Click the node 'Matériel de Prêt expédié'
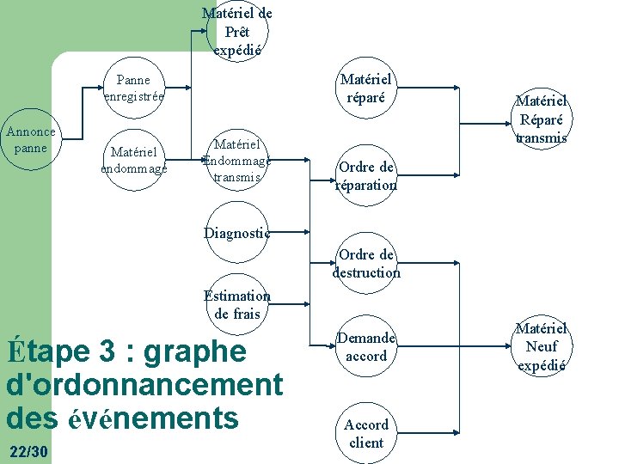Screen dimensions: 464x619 (x=237, y=32)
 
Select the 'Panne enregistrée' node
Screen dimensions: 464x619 (x=133, y=89)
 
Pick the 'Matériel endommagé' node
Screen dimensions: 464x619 (x=133, y=160)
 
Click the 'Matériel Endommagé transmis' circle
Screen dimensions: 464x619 (x=237, y=160)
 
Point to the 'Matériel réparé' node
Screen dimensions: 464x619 (x=366, y=89)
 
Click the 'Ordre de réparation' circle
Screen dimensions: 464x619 (x=366, y=176)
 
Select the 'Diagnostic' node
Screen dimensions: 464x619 (x=237, y=232)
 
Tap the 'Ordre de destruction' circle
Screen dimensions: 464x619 (x=366, y=263)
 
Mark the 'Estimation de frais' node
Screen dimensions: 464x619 (x=237, y=305)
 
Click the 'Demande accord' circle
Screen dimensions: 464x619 (x=366, y=347)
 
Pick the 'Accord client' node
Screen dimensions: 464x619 (x=366, y=434)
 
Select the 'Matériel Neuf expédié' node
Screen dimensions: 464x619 (x=542, y=347)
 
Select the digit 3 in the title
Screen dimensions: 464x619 (x=107, y=352)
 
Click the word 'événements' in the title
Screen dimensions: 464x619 (x=152, y=418)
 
